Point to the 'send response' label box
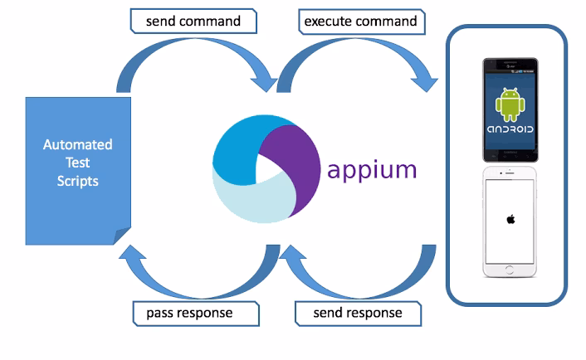coord(358,314)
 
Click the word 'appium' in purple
coord(371,172)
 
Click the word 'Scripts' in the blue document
coord(78,180)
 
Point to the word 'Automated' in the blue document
coord(78,145)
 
